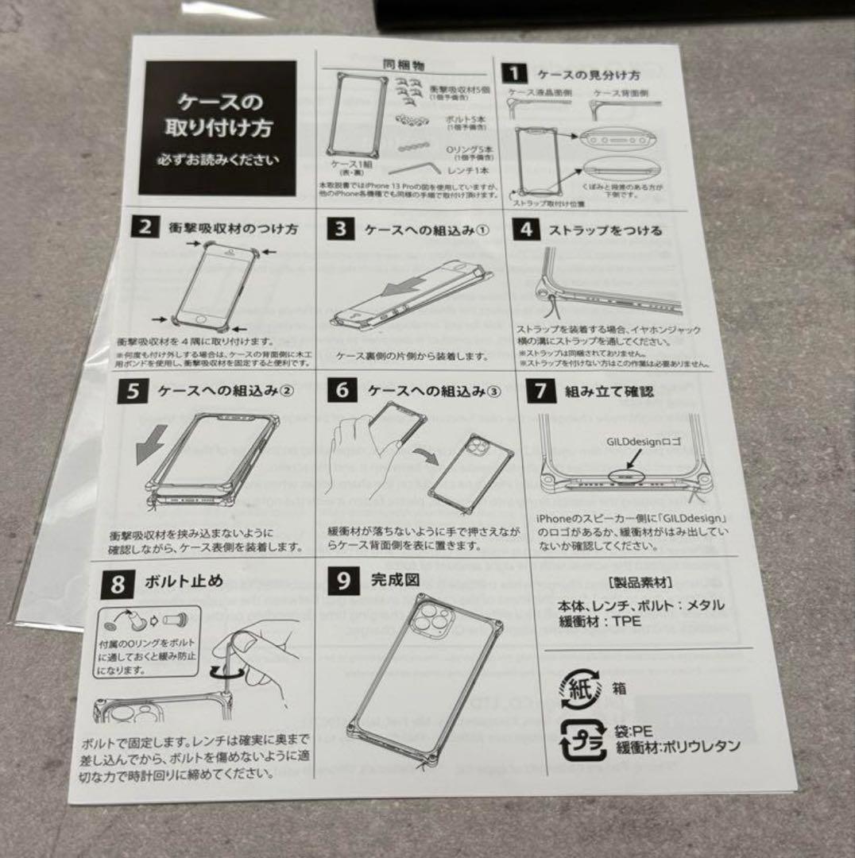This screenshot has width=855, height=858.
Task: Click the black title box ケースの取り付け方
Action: (x=217, y=127)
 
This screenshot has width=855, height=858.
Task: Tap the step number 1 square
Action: (x=515, y=74)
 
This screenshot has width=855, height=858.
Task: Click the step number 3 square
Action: (x=340, y=230)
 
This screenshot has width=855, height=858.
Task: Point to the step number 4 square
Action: (x=526, y=230)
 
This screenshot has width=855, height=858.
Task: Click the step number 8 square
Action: (x=118, y=585)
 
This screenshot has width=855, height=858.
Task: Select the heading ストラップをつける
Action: (x=605, y=231)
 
